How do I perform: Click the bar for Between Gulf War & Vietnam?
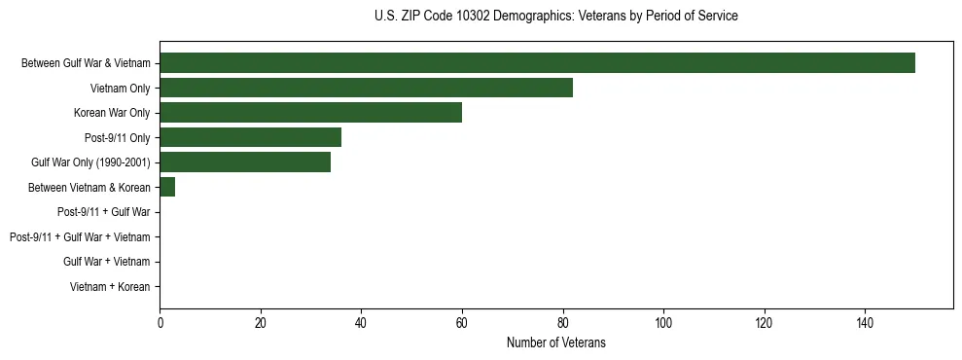click(537, 63)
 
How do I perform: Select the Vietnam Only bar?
click(366, 88)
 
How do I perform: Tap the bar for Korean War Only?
click(310, 113)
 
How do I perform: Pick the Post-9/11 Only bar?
click(250, 137)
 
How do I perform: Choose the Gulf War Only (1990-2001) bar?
click(245, 162)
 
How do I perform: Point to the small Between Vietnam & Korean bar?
click(167, 187)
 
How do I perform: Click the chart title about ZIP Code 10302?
click(555, 17)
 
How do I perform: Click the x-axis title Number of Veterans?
click(555, 342)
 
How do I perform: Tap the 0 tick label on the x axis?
click(160, 324)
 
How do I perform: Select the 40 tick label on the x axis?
click(361, 324)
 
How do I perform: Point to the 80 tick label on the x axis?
click(562, 324)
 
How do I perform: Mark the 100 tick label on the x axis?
click(663, 324)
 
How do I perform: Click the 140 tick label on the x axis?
click(865, 324)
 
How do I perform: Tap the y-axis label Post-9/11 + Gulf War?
click(104, 212)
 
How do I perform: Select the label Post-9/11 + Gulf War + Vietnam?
click(80, 236)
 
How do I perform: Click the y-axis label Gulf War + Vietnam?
click(107, 262)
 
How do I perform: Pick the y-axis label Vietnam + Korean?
click(110, 286)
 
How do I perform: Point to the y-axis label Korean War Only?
click(112, 113)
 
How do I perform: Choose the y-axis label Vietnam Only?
click(120, 89)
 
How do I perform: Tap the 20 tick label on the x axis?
click(261, 324)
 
